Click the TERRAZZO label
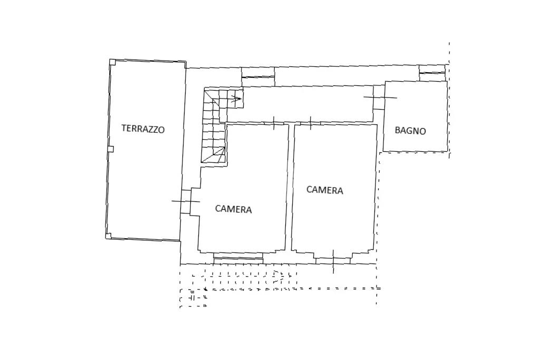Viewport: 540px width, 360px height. tap(143, 129)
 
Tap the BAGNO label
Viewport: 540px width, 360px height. tap(410, 131)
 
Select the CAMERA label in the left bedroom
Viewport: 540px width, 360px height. tap(234, 209)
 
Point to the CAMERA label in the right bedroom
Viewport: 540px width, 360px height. tap(325, 190)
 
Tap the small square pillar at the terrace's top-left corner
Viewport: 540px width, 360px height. tap(112, 62)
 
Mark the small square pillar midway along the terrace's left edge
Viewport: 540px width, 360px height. tap(110, 149)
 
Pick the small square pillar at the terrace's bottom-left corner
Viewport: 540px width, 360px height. tap(109, 236)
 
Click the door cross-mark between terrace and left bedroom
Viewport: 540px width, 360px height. tap(186, 201)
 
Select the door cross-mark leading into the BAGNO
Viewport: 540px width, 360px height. tap(380, 98)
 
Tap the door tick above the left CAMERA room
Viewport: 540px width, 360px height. tap(274, 123)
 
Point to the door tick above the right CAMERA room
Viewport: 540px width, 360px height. tap(311, 123)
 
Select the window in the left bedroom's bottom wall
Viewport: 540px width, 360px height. tap(238, 258)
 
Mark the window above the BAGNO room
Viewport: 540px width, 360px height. tap(432, 69)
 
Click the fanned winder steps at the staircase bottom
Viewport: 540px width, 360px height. tap(216, 155)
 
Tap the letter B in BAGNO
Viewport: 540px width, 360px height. tap(398, 130)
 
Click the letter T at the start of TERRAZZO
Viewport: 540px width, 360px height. tap(124, 128)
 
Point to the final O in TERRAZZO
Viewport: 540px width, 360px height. tap(161, 130)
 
